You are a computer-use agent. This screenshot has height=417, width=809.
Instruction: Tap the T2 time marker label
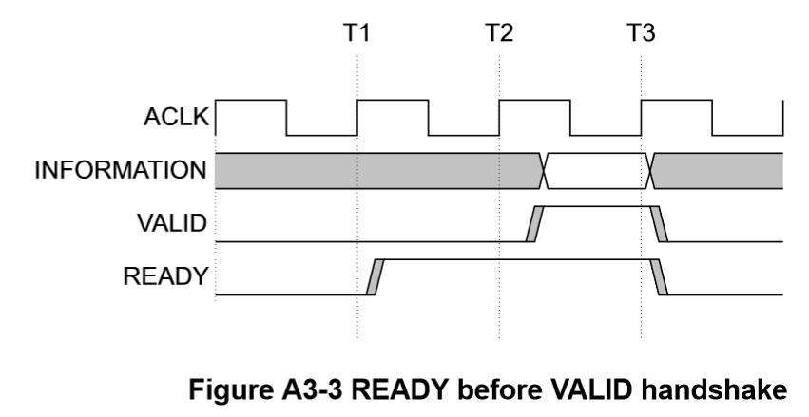tap(498, 34)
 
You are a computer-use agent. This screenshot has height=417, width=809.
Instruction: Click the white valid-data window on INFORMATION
tap(597, 171)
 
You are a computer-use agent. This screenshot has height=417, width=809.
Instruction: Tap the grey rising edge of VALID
tap(533, 224)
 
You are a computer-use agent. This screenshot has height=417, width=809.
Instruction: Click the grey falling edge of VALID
tap(659, 224)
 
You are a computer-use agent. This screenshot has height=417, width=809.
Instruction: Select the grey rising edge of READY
tap(373, 276)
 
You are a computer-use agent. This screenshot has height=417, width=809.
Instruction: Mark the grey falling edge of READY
tap(659, 276)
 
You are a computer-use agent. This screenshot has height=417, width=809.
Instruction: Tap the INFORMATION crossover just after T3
tap(651, 171)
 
